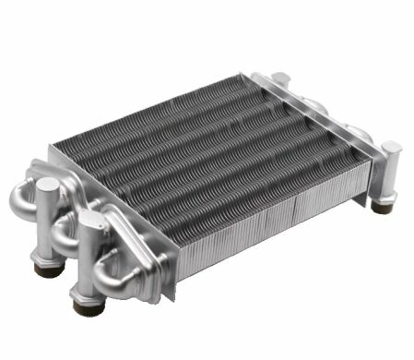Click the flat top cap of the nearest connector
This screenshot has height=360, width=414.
click(90, 218)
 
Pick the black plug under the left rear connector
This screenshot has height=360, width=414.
click(44, 269)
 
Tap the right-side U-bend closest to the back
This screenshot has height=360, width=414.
click(318, 104)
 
